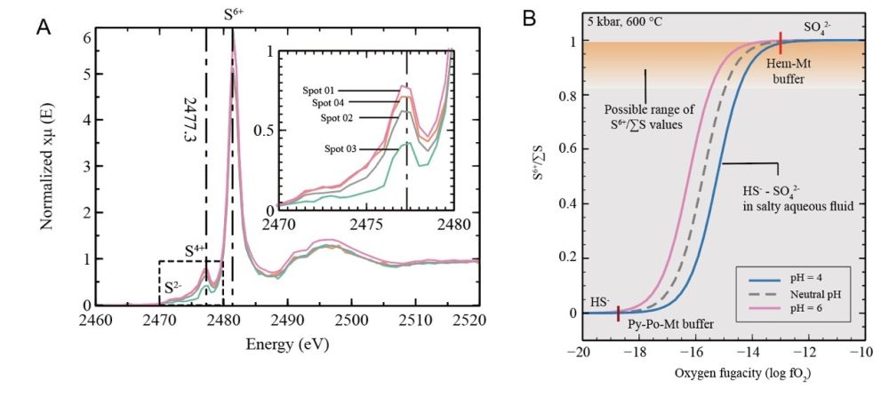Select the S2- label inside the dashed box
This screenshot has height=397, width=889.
click(174, 289)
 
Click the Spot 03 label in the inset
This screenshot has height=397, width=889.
click(332, 150)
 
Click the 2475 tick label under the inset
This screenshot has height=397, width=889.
click(368, 226)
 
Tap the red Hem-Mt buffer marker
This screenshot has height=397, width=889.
click(781, 40)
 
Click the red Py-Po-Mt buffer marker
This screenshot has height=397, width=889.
click(619, 313)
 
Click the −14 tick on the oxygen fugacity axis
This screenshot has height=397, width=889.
click(751, 353)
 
